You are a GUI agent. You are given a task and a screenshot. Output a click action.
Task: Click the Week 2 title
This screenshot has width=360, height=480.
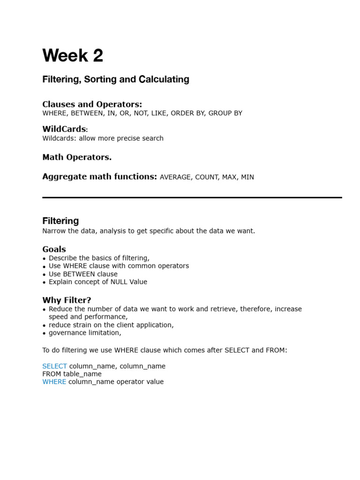73,56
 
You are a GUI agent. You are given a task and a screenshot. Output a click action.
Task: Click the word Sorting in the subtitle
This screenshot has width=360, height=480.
100,80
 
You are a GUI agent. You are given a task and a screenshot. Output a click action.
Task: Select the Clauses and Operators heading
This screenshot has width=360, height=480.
92,104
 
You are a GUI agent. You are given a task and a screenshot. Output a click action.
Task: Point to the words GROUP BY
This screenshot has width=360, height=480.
225,113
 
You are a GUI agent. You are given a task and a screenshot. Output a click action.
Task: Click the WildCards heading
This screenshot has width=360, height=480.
64,129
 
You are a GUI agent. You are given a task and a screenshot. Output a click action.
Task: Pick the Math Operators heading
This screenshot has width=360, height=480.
77,157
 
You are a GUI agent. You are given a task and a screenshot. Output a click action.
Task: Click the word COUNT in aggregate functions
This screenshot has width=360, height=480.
207,177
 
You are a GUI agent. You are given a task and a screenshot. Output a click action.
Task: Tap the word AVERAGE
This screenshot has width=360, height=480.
175,177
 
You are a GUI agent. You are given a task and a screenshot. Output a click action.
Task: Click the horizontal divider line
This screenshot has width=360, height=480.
192,198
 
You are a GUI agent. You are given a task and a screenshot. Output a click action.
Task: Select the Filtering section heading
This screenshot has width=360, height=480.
60,221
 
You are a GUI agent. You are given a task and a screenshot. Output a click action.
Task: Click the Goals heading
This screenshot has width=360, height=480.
54,249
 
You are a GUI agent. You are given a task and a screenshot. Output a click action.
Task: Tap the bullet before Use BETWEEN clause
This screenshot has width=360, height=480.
45,275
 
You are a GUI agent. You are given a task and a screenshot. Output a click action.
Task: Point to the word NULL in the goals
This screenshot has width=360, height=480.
120,282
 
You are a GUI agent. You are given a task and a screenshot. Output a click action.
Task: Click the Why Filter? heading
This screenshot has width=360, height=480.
67,300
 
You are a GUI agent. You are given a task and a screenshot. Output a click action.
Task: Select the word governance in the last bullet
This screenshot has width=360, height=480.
67,333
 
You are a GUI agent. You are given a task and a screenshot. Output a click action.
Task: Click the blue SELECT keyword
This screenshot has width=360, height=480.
54,366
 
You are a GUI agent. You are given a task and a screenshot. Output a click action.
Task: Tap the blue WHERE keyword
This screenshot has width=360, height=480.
54,382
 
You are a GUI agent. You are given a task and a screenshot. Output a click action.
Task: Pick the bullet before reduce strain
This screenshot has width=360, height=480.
45,326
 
